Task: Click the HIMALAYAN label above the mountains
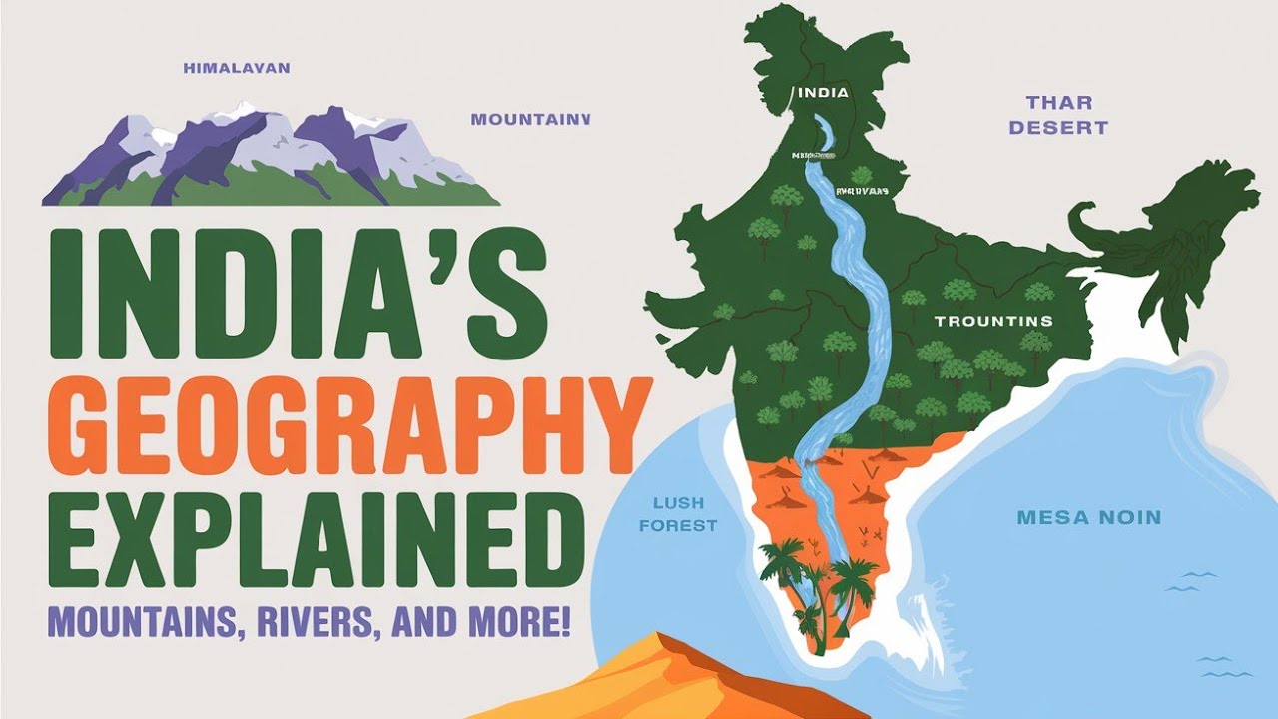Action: (237, 68)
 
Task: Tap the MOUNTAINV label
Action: (530, 119)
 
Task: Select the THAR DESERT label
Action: (1058, 115)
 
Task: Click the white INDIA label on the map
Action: (823, 92)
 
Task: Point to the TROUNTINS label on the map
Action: (992, 321)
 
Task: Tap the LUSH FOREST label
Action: (684, 514)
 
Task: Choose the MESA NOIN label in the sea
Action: (1089, 518)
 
